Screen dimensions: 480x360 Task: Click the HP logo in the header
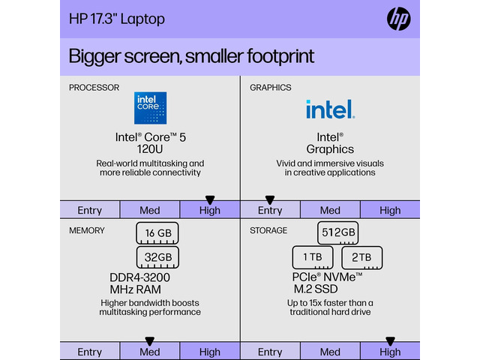398,19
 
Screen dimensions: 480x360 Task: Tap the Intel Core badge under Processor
150,108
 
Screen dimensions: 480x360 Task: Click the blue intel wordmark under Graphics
331,109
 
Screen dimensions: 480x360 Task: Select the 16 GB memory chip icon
157,233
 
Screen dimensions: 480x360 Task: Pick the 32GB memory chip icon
157,257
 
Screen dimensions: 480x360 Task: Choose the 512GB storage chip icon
338,233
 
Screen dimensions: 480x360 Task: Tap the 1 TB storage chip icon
313,257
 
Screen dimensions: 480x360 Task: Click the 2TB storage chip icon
361,257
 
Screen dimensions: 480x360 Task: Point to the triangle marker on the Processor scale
210,200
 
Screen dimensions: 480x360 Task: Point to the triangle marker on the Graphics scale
270,200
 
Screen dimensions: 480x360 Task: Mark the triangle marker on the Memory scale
150,341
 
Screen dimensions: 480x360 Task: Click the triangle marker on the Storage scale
390,341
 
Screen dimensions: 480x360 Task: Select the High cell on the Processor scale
210,210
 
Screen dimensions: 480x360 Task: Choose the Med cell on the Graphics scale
330,210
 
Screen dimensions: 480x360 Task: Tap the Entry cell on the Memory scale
90,352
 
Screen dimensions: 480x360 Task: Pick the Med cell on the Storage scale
330,352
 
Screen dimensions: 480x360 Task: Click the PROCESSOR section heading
94,88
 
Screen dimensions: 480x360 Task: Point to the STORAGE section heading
268,230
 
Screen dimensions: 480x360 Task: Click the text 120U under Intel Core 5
150,149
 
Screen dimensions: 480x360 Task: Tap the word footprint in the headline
280,56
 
